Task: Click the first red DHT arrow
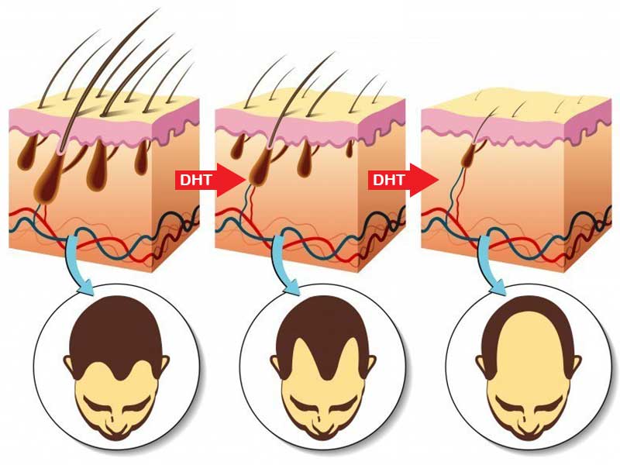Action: pos(210,181)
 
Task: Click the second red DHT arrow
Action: pos(403,181)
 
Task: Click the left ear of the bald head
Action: pos(481,364)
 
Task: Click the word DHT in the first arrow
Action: pos(196,181)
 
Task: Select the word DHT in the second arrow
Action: pos(389,181)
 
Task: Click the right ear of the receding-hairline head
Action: pos(370,364)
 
